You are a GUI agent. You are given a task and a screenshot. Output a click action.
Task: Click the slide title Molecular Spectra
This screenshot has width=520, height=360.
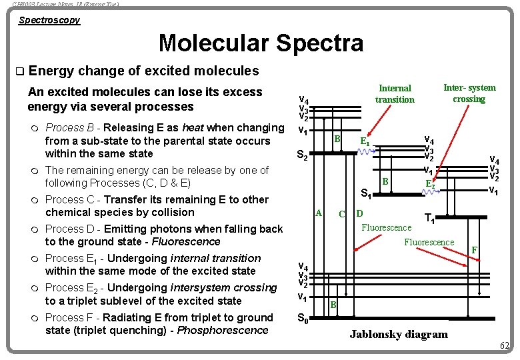click(x=261, y=43)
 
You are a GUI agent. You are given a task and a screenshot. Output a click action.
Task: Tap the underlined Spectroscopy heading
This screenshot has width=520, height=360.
click(x=49, y=20)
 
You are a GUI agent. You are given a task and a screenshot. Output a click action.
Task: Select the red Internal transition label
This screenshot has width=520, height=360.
click(x=395, y=94)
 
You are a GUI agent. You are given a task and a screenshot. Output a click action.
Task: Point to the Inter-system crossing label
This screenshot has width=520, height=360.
click(x=469, y=93)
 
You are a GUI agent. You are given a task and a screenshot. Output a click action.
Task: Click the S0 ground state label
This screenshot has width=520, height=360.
click(x=302, y=319)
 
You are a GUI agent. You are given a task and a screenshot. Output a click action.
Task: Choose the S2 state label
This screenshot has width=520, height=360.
click(x=302, y=157)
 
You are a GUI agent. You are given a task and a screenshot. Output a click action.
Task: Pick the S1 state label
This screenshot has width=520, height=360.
click(x=366, y=195)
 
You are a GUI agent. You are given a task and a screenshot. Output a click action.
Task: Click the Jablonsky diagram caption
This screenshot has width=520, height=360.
click(x=399, y=334)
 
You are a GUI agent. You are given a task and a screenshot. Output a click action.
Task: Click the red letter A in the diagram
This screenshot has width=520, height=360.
click(x=319, y=213)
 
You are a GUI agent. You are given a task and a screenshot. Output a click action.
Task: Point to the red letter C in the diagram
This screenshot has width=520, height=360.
click(x=341, y=214)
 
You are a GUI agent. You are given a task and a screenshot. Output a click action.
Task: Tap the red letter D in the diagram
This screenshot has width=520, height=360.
click(x=359, y=213)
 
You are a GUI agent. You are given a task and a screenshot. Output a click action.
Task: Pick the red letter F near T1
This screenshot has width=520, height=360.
click(x=475, y=250)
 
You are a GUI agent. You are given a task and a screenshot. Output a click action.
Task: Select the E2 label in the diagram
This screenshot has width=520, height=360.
click(x=431, y=183)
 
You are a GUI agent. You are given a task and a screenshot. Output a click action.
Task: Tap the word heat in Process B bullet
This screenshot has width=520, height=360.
click(x=193, y=127)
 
